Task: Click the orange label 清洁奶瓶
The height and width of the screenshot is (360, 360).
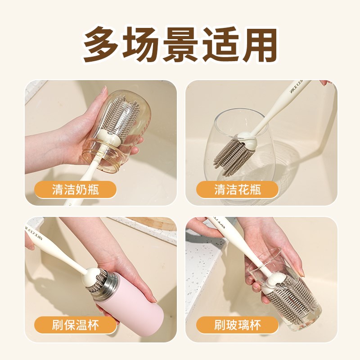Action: [x=75, y=189]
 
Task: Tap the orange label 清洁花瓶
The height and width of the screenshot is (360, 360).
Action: [x=237, y=189]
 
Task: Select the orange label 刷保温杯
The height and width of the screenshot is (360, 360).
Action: [x=75, y=324]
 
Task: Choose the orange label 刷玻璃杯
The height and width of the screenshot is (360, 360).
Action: [x=237, y=324]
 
